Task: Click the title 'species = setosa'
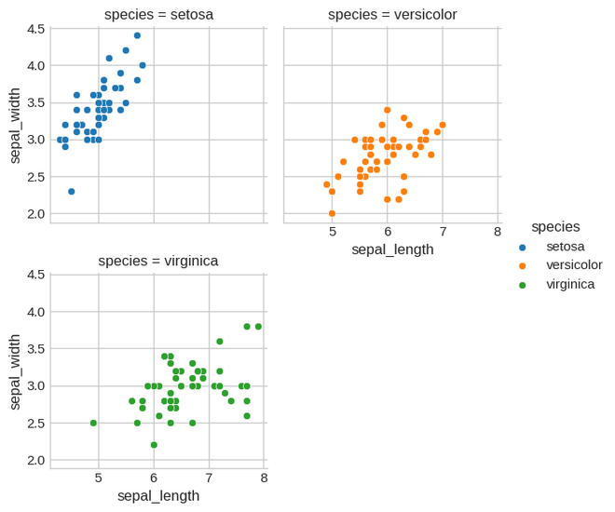pyautogui.click(x=158, y=14)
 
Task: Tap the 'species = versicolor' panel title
pyautogui.click(x=391, y=14)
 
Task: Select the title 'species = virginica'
pyautogui.click(x=158, y=261)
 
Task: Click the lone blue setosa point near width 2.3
pyautogui.click(x=71, y=192)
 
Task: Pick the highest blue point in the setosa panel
pyautogui.click(x=137, y=35)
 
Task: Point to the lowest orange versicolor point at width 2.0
pyautogui.click(x=332, y=213)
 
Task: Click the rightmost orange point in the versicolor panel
pyautogui.click(x=443, y=125)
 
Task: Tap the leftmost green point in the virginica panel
pyautogui.click(x=93, y=423)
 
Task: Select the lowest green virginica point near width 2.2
pyautogui.click(x=154, y=445)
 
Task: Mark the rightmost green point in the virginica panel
pyautogui.click(x=258, y=327)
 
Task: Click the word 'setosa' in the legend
pyautogui.click(x=566, y=247)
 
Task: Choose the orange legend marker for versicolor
pyautogui.click(x=522, y=265)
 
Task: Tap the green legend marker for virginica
pyautogui.click(x=522, y=284)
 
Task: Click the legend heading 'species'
pyautogui.click(x=555, y=226)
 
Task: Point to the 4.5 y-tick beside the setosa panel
pyautogui.click(x=36, y=29)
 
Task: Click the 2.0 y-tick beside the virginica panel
pyautogui.click(x=36, y=461)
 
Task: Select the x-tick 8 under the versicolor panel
pyautogui.click(x=498, y=232)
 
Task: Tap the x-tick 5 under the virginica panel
pyautogui.click(x=99, y=478)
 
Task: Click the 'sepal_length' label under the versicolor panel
pyautogui.click(x=391, y=249)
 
